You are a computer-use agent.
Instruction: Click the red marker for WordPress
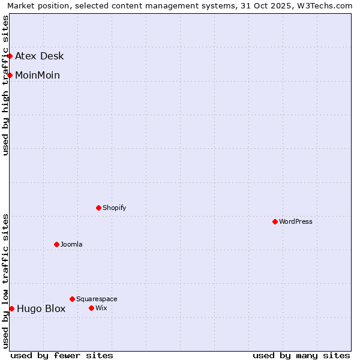pos(275,221)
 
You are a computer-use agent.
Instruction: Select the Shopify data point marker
pos(98,208)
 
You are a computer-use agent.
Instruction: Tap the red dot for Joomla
pos(56,244)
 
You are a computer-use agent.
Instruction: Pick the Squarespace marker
pos(72,299)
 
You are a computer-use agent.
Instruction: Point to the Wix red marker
pos(91,308)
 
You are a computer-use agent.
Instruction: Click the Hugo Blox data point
pos(11,308)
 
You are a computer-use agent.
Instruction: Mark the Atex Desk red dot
pos(10,56)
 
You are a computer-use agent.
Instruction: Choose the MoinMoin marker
pos(10,75)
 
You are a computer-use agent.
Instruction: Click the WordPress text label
pos(296,221)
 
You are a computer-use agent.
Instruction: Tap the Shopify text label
pos(114,208)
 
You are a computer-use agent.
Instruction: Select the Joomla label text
pos(71,244)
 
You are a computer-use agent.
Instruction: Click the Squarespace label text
pos(97,299)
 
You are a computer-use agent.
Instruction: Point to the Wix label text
pos(101,308)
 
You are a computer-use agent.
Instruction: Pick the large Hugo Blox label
pos(41,309)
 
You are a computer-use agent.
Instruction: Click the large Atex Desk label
pos(39,56)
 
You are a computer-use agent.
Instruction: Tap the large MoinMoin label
pos(37,76)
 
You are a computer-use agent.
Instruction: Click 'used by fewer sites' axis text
pos(62,355)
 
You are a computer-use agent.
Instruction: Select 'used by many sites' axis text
pos(301,355)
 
